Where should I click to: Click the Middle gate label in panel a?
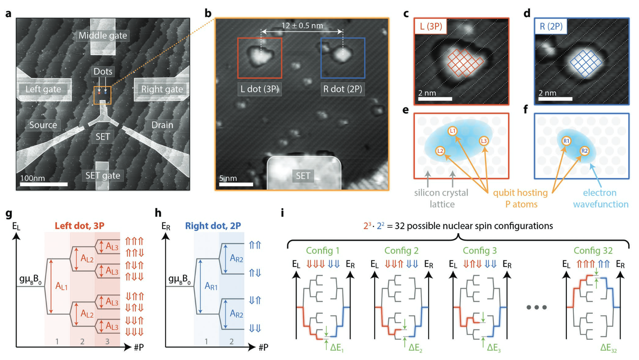pyautogui.click(x=103, y=36)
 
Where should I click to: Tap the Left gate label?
pyautogui.click(x=43, y=89)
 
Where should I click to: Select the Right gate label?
pyautogui.click(x=162, y=89)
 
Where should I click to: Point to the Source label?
pyautogui.click(x=43, y=125)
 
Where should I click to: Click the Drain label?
pyautogui.click(x=162, y=125)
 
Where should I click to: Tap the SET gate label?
pyautogui.click(x=103, y=175)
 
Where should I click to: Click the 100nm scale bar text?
pyautogui.click(x=33, y=178)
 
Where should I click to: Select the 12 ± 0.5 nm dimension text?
pyautogui.click(x=302, y=26)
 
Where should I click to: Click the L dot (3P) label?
pyautogui.click(x=259, y=89)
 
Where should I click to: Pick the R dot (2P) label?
pyautogui.click(x=343, y=89)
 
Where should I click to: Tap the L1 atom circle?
pyautogui.click(x=452, y=131)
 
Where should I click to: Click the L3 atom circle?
pyautogui.click(x=484, y=141)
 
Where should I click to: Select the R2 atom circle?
pyautogui.click(x=584, y=151)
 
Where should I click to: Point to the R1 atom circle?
pyautogui.click(x=566, y=141)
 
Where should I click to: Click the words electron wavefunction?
pyautogui.click(x=601, y=198)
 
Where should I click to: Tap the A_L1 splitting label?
pyautogui.click(x=62, y=286)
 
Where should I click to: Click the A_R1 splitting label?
pyautogui.click(x=211, y=286)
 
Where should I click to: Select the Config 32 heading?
pyautogui.click(x=593, y=251)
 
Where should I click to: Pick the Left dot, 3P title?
pyautogui.click(x=79, y=226)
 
